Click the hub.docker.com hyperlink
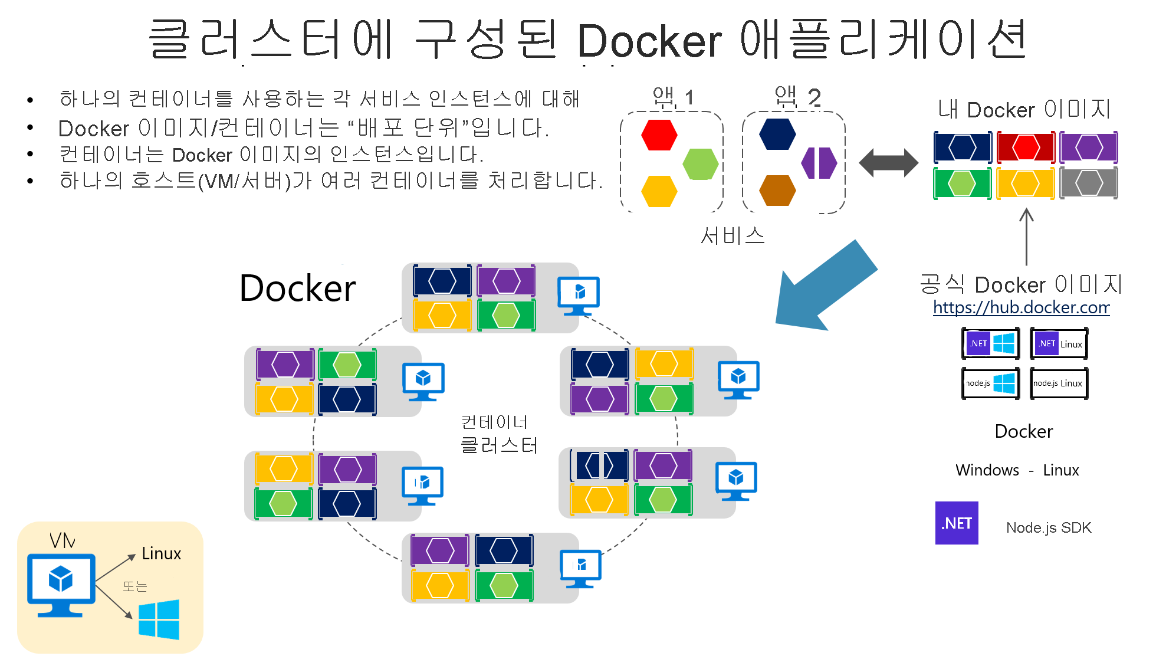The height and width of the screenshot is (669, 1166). click(x=1021, y=307)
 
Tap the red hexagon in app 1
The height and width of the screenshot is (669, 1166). click(x=659, y=135)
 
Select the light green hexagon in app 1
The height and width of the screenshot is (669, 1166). click(x=700, y=163)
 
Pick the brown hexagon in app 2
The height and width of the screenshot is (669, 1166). click(x=777, y=190)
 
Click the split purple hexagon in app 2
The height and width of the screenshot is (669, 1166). click(x=819, y=163)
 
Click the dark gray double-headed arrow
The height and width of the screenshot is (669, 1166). click(x=888, y=163)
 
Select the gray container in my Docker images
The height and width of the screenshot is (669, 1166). click(x=1088, y=183)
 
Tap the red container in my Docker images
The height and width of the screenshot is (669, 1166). click(x=1026, y=147)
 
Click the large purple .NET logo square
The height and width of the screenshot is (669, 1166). click(x=956, y=523)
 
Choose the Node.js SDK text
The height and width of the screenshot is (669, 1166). click(x=1048, y=527)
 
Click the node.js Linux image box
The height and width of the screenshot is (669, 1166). click(x=1059, y=383)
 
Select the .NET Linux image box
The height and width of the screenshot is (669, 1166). click(x=1059, y=344)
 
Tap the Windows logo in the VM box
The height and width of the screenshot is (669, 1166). click(x=159, y=619)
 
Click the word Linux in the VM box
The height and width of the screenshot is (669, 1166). click(x=161, y=553)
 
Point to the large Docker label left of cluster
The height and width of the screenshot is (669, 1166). click(x=297, y=288)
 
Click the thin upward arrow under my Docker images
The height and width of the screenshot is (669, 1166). click(x=1026, y=236)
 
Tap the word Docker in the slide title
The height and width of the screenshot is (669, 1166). click(x=649, y=41)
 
